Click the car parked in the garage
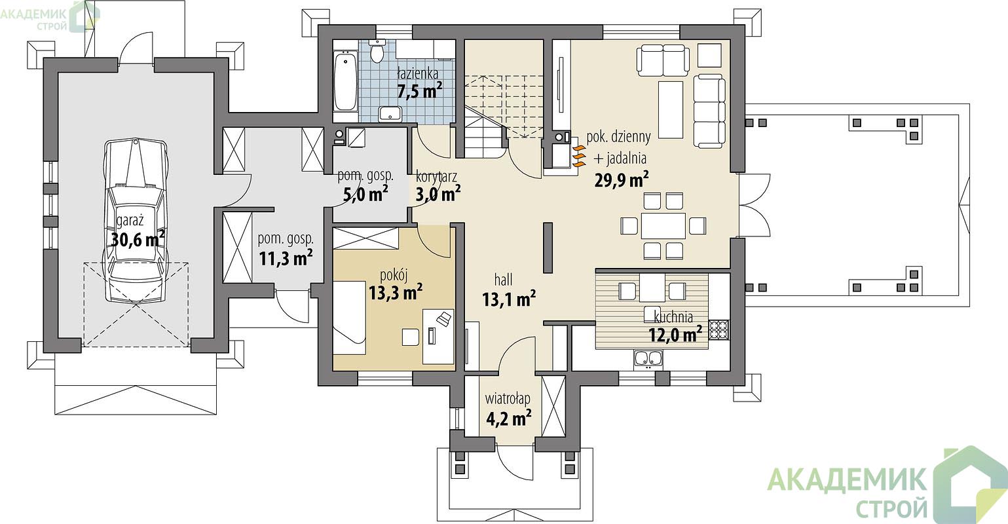(136, 221)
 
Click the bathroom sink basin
(390, 113)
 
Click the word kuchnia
(673, 317)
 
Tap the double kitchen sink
(649, 359)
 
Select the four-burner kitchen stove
(719, 329)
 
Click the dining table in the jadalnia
(663, 225)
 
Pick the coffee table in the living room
(671, 109)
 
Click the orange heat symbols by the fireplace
(579, 156)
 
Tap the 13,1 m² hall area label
(509, 299)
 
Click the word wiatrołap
(508, 399)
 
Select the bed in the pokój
(348, 318)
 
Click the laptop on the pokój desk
(444, 319)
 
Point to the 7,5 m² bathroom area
(419, 91)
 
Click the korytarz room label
(436, 177)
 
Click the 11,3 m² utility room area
(286, 259)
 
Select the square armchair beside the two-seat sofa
(709, 55)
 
